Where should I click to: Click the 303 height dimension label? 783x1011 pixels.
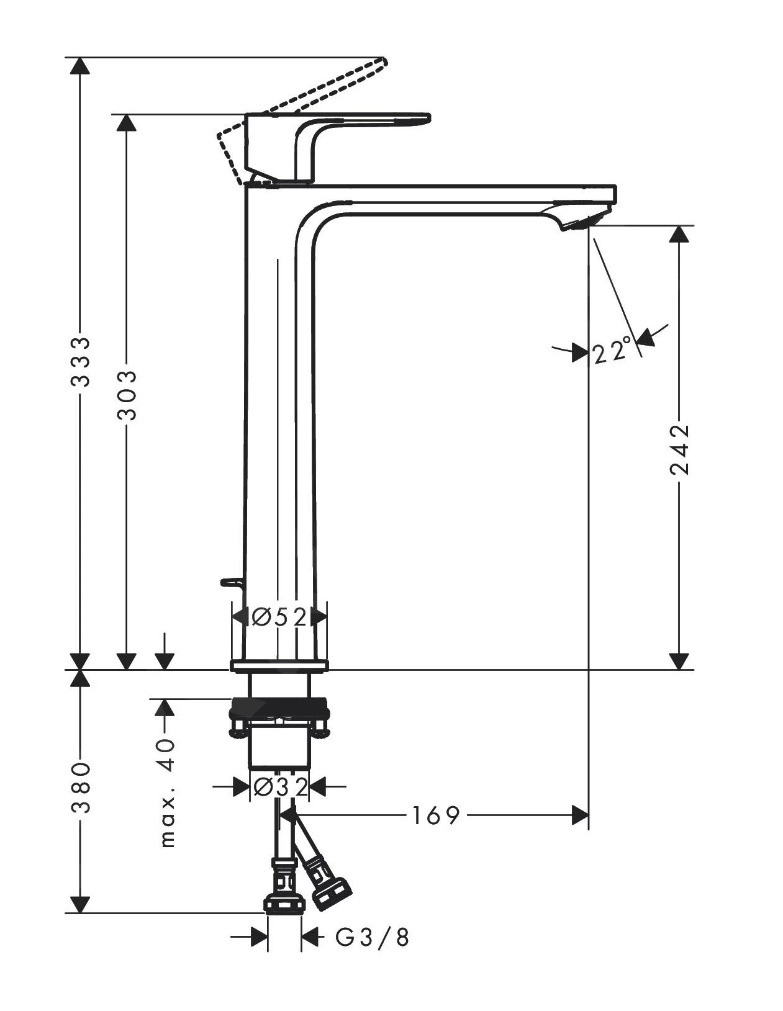[x=127, y=395]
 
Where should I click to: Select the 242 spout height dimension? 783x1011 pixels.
[x=681, y=449]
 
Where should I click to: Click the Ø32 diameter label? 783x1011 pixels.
[x=280, y=788]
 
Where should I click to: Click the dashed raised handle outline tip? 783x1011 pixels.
[x=383, y=61]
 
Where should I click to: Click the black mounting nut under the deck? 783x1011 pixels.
[x=279, y=708]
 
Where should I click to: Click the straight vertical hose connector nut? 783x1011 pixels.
[x=284, y=903]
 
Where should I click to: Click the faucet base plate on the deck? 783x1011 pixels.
[x=279, y=667]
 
